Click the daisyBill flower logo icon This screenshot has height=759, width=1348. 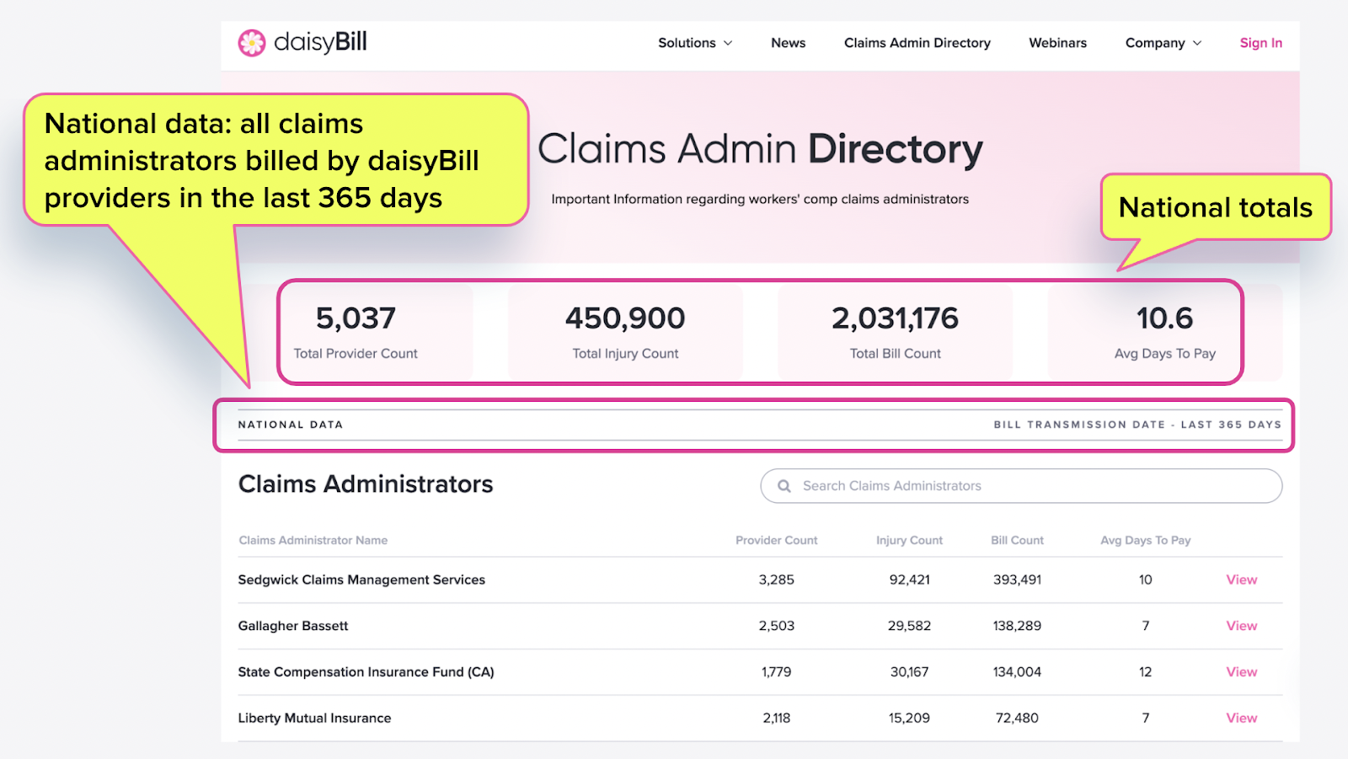click(x=251, y=43)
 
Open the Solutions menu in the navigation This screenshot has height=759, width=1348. click(x=695, y=43)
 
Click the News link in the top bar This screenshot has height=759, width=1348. click(x=788, y=43)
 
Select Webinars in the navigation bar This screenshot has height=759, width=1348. click(x=1057, y=43)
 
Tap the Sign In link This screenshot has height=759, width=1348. click(x=1260, y=43)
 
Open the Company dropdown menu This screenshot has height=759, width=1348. click(x=1163, y=43)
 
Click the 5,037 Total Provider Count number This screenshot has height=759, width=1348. click(x=356, y=318)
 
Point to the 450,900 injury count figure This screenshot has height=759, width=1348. click(x=625, y=318)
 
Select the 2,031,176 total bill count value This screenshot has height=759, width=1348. click(x=895, y=318)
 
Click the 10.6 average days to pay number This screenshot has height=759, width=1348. click(x=1164, y=318)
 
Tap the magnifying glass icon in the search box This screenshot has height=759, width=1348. click(x=784, y=486)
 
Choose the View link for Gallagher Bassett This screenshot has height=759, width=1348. click(x=1241, y=626)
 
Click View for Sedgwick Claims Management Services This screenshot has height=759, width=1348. click(x=1241, y=580)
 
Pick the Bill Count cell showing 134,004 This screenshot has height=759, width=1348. click(x=1017, y=672)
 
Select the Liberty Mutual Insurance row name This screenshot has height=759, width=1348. click(x=314, y=719)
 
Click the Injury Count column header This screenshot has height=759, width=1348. click(x=909, y=541)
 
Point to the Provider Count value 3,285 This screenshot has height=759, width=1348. click(x=776, y=580)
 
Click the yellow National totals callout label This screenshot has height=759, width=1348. click(x=1215, y=207)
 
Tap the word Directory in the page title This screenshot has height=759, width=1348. click(x=895, y=149)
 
